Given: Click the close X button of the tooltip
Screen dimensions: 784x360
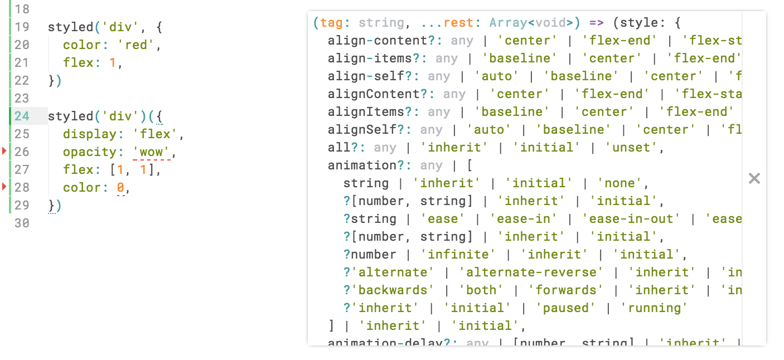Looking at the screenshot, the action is click(x=754, y=178).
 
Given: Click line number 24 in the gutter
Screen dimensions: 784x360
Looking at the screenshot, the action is click(x=22, y=116).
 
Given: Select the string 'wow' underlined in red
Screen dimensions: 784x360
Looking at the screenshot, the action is click(x=151, y=152).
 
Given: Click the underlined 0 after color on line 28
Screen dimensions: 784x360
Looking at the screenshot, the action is click(x=120, y=188).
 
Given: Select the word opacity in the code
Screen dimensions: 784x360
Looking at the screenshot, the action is click(x=90, y=152).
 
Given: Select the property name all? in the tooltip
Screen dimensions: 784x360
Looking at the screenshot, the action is click(x=346, y=148).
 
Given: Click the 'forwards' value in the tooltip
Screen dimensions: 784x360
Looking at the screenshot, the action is click(x=565, y=290).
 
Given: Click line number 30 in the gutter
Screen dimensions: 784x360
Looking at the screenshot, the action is click(x=22, y=223).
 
